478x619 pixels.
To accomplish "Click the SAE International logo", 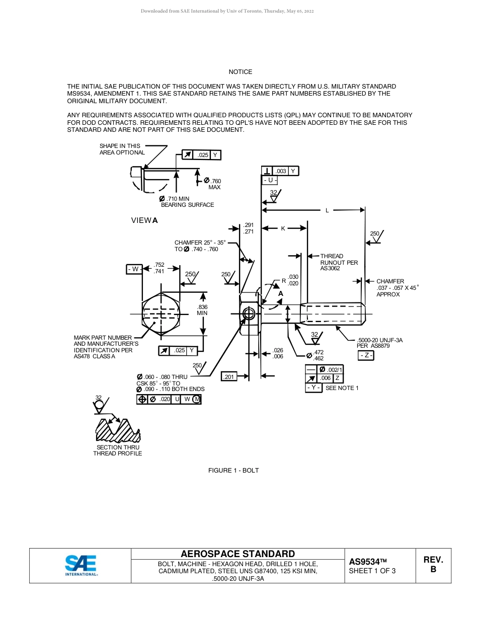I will pyautogui.click(x=81, y=565).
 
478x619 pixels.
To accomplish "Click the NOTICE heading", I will pyautogui.click(x=241, y=72).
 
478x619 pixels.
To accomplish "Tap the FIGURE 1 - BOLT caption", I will pyautogui.click(x=233, y=471).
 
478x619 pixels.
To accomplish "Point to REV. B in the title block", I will pyautogui.click(x=433, y=565).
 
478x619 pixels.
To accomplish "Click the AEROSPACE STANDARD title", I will pyautogui.click(x=238, y=554).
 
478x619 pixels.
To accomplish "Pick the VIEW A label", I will pyautogui.click(x=144, y=220).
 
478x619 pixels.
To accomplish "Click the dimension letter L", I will pyautogui.click(x=327, y=210).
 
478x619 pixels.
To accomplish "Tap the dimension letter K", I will pyautogui.click(x=283, y=228).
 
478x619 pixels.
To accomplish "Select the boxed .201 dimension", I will pyautogui.click(x=229, y=376).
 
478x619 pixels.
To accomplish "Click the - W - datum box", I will pyautogui.click(x=134, y=269).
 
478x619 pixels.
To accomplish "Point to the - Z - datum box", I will pyautogui.click(x=366, y=356).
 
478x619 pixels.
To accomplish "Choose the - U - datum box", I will pyautogui.click(x=270, y=180).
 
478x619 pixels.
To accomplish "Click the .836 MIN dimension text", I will pyautogui.click(x=202, y=310).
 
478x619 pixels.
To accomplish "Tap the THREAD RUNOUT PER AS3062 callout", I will pyautogui.click(x=339, y=262).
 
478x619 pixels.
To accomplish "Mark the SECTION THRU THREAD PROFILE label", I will pyautogui.click(x=118, y=450).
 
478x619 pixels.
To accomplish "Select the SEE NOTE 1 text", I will pyautogui.click(x=342, y=388).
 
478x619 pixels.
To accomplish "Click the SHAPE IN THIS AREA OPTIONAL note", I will pyautogui.click(x=122, y=149).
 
